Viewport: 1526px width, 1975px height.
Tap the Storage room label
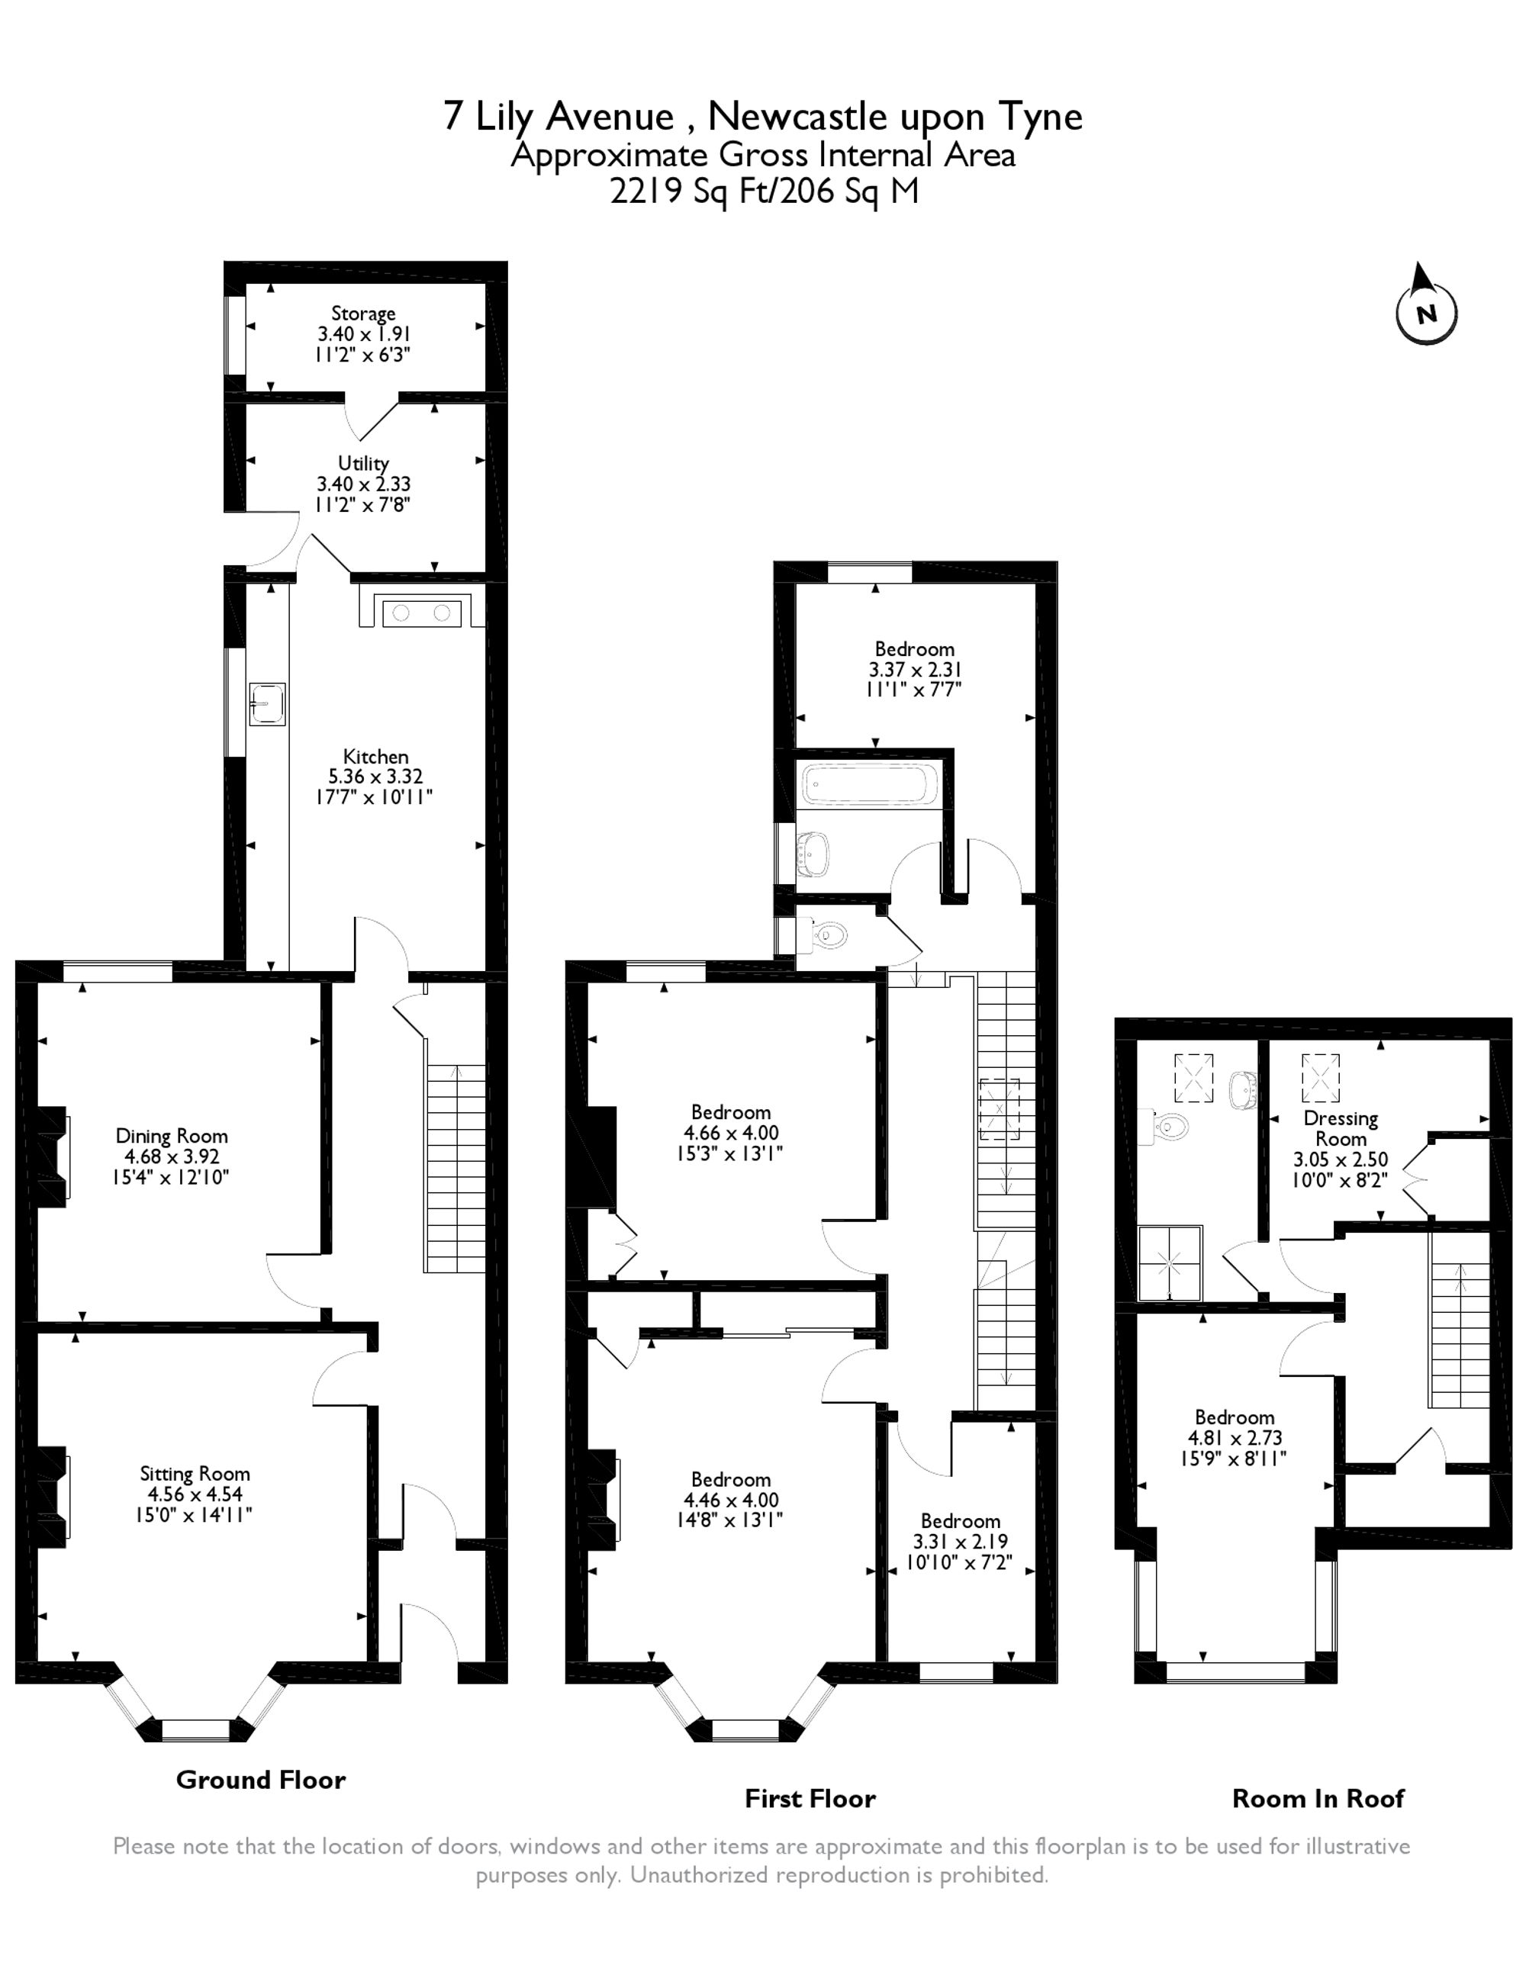click(362, 314)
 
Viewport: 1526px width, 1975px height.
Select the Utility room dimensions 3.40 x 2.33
click(362, 484)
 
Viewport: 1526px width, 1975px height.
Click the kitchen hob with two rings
click(421, 613)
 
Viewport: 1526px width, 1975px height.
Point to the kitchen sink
click(268, 703)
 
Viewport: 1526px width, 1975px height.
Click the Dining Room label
click(171, 1136)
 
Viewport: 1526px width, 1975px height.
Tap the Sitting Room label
click(195, 1474)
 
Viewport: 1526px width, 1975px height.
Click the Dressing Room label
click(1341, 1128)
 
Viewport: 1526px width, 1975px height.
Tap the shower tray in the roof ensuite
click(1170, 1263)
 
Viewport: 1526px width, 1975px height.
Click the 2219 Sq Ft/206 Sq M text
click(764, 191)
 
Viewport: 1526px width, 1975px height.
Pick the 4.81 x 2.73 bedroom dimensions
click(1234, 1438)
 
